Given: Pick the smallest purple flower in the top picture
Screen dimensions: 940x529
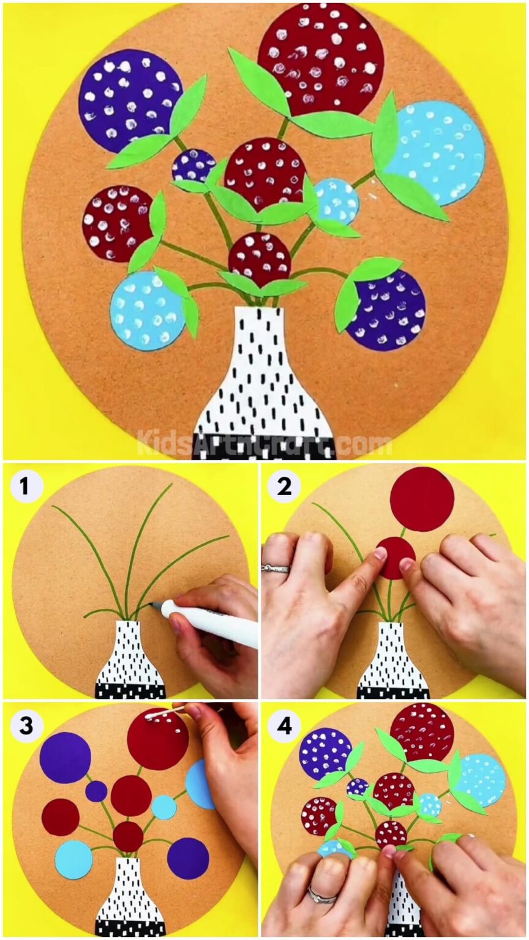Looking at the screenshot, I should coord(193,165).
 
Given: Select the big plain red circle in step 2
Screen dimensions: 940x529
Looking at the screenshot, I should coord(422,499).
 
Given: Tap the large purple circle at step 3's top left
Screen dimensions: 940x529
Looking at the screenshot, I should coord(65,757).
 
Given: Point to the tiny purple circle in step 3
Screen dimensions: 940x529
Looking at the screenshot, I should coord(96,791).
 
